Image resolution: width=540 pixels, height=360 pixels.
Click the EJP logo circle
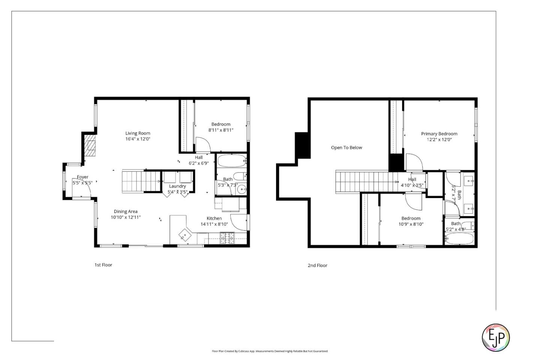(495, 337)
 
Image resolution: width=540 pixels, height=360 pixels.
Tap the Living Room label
(138, 133)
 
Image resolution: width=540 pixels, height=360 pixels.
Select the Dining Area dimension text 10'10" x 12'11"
(126, 217)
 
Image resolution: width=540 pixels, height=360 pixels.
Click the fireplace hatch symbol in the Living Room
(90, 146)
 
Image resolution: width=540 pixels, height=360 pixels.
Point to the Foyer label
(82, 177)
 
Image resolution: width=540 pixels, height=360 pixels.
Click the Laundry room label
(177, 186)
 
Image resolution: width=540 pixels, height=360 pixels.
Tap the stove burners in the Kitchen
(227, 236)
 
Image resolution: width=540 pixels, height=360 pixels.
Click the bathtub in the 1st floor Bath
(231, 161)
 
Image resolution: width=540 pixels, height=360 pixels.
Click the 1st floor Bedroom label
(221, 124)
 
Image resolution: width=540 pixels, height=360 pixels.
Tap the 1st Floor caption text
(103, 265)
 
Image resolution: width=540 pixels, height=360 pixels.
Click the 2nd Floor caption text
(317, 265)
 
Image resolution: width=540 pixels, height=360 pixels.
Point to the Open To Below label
(346, 147)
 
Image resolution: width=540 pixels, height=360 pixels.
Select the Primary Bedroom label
(439, 133)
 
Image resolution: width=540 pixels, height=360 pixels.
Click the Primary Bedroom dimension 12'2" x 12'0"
(439, 139)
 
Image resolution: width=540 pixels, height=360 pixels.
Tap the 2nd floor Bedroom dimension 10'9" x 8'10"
(411, 224)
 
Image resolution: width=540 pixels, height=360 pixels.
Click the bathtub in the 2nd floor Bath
(459, 238)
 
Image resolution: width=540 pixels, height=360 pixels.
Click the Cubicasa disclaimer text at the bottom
(270, 351)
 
